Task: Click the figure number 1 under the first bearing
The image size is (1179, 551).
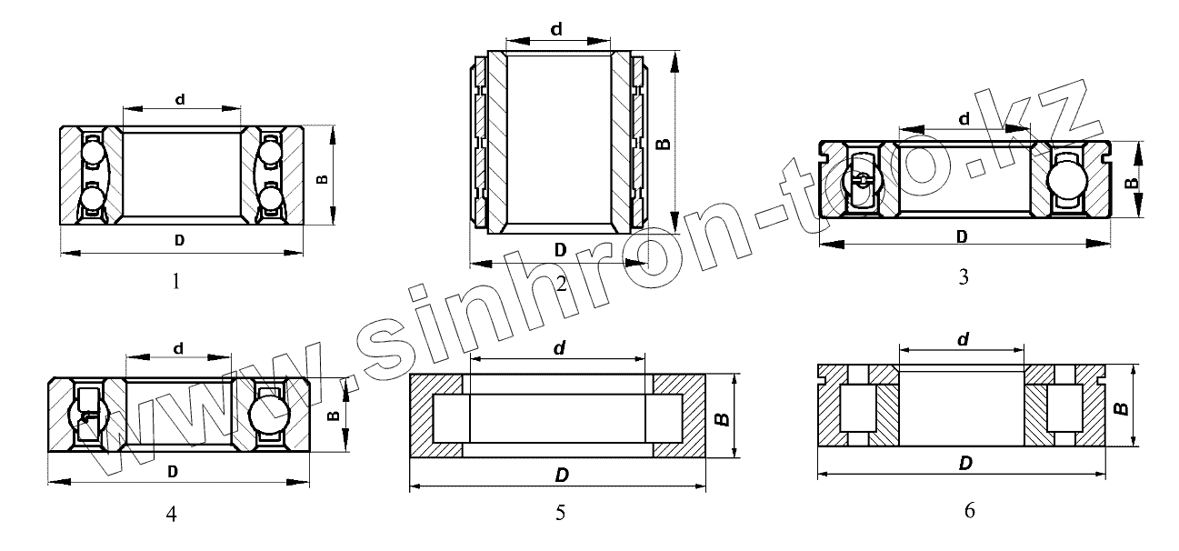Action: coord(176,282)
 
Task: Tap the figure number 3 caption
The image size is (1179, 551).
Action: coord(964,276)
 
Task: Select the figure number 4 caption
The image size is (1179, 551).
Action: coord(171,514)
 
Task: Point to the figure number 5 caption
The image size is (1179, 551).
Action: coord(561,513)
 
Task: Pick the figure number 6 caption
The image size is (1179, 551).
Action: coord(970,510)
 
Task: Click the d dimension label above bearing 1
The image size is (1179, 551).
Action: coord(180,99)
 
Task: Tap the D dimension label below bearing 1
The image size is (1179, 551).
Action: coord(179,241)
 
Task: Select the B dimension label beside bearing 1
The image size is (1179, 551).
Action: coord(322,179)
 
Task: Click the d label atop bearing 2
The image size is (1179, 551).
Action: coord(556,28)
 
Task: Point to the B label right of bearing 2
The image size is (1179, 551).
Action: coord(664,144)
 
